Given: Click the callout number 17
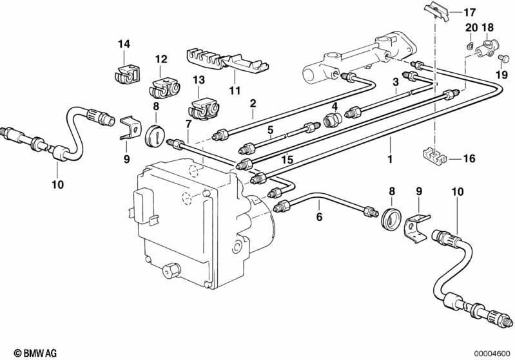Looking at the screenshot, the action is point(469,12).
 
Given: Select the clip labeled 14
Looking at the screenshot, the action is point(128,75).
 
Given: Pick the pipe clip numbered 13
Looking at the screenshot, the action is point(204,108).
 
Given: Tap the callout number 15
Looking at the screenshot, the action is point(287,160).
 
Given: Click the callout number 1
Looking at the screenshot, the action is point(390,160).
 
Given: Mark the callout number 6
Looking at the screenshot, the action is point(320,216).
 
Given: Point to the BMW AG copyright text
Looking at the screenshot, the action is point(35,353).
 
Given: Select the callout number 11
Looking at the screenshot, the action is point(235,90).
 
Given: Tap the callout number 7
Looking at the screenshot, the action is point(188,124).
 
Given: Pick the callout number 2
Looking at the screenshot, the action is point(253,104).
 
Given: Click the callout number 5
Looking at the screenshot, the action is point(270,130).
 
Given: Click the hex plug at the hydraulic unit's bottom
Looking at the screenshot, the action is point(171,269).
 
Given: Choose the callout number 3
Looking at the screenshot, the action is point(396,82).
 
